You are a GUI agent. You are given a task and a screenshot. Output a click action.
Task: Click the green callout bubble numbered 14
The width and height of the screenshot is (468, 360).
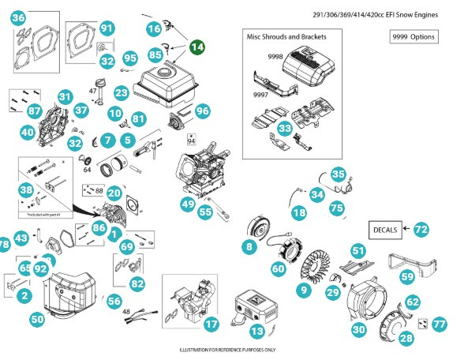tap(197, 47)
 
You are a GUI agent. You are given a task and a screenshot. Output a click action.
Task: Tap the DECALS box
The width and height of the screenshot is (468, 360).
tap(384, 229)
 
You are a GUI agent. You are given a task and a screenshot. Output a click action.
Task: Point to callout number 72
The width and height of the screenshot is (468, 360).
tap(421, 229)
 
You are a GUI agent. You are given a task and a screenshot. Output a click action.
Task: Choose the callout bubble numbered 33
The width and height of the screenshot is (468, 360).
tap(286, 126)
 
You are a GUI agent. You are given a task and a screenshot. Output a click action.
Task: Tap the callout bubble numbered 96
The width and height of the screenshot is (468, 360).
tap(203, 111)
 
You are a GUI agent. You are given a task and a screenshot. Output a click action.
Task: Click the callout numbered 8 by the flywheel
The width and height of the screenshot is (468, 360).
tap(249, 247)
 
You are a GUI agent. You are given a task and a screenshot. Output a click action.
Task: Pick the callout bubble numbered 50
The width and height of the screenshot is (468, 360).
tap(37, 319)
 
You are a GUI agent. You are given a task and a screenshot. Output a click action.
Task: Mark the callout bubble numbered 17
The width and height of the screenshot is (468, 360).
tap(211, 324)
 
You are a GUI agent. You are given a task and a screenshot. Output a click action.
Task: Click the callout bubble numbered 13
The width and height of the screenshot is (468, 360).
tap(256, 331)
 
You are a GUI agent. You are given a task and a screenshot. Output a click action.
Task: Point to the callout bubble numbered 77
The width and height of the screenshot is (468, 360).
tap(440, 324)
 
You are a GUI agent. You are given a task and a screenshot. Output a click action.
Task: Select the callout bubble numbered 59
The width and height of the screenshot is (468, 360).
tap(407, 277)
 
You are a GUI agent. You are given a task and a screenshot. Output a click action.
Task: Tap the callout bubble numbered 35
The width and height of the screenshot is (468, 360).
tap(339, 174)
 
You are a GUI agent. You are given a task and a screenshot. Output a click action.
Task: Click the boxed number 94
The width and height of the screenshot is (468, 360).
tap(191, 141)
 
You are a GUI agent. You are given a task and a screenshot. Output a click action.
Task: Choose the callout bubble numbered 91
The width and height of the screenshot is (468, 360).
tap(107, 28)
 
